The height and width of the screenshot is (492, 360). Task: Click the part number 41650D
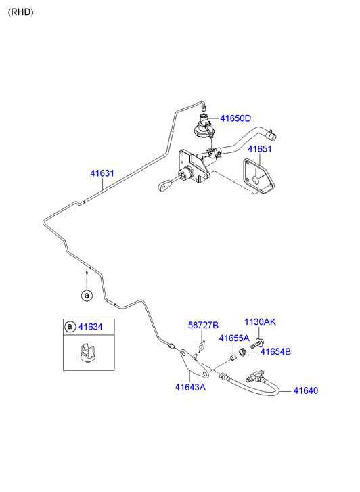pyautogui.click(x=235, y=118)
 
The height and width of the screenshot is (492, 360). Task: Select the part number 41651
pyautogui.click(x=260, y=149)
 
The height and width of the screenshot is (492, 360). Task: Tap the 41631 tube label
pyautogui.click(x=102, y=173)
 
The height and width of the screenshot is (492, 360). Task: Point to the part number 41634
pyautogui.click(x=91, y=327)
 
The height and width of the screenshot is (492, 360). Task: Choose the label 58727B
pyautogui.click(x=203, y=325)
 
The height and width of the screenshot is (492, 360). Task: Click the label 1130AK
pyautogui.click(x=260, y=322)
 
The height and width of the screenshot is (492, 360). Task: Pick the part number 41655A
pyautogui.click(x=234, y=338)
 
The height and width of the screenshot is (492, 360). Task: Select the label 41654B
pyautogui.click(x=275, y=352)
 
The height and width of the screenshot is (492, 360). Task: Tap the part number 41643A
pyautogui.click(x=190, y=388)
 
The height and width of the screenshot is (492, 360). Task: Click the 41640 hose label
pyautogui.click(x=306, y=390)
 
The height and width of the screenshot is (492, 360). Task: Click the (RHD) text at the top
pyautogui.click(x=21, y=12)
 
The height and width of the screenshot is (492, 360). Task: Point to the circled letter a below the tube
pyautogui.click(x=87, y=296)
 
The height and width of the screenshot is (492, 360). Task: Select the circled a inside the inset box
pyautogui.click(x=70, y=327)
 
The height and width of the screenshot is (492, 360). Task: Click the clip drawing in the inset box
pyautogui.click(x=87, y=354)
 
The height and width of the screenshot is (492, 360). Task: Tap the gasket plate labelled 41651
pyautogui.click(x=259, y=176)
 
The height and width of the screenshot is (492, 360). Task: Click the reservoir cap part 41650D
pyautogui.click(x=204, y=127)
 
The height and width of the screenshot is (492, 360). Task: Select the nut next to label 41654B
pyautogui.click(x=242, y=353)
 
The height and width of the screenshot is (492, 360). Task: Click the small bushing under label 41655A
pyautogui.click(x=233, y=357)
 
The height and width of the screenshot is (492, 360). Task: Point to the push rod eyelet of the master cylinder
pyautogui.click(x=162, y=186)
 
